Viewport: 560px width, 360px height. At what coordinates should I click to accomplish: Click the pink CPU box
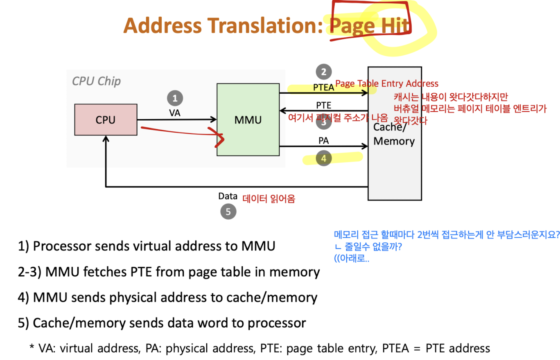(106, 120)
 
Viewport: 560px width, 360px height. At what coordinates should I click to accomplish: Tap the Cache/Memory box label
(394, 134)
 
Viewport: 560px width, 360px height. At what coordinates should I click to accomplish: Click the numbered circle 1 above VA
(175, 99)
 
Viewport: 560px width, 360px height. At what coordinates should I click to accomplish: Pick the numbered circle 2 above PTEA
(324, 72)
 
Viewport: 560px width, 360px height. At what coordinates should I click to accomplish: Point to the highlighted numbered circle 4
(324, 159)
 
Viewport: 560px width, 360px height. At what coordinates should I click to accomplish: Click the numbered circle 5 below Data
(228, 211)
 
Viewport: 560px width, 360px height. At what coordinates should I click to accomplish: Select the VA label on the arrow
(175, 112)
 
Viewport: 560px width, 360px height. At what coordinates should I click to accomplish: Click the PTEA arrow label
(323, 87)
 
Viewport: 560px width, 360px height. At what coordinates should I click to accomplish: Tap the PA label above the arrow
(324, 140)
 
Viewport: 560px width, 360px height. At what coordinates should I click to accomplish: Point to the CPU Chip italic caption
(97, 81)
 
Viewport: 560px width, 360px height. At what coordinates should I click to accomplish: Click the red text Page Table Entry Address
(386, 84)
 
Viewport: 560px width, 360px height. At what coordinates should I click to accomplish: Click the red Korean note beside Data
(269, 199)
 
